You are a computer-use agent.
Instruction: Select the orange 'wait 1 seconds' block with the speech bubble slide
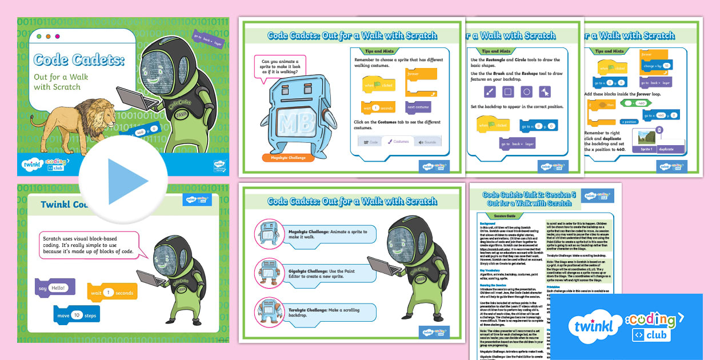click(x=112, y=293)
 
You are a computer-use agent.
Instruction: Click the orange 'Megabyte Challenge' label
click(x=288, y=158)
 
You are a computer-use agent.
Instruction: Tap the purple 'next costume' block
click(x=418, y=107)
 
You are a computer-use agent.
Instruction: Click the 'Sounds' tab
click(x=426, y=142)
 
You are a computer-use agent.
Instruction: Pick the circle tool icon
click(x=527, y=92)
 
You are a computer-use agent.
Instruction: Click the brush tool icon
click(x=490, y=92)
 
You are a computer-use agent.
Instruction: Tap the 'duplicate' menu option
click(x=666, y=149)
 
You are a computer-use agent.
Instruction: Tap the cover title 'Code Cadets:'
click(x=79, y=59)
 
